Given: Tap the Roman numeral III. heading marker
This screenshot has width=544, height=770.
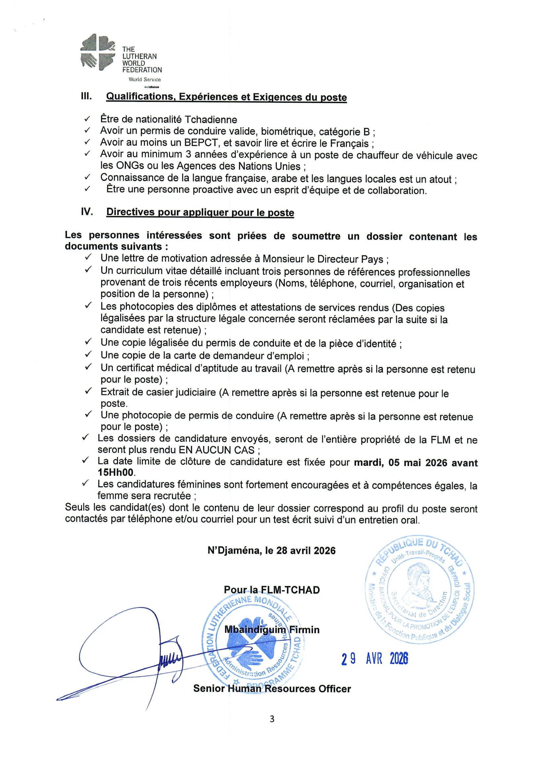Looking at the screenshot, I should coord(87,96).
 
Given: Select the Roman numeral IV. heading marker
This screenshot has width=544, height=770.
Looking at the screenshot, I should coord(87,212).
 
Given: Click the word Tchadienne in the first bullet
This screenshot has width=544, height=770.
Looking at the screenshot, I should coord(211,119).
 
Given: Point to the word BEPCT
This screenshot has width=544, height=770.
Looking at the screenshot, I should coord(202,143).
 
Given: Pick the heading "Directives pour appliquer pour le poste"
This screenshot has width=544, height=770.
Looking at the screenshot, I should coord(200,212).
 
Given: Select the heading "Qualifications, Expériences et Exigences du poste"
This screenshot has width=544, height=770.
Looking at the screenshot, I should coord(227,97).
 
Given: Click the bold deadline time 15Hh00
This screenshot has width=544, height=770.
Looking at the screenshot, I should coord(116,473).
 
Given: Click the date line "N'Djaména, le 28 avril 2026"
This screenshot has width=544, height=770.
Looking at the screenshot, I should coord(271,551).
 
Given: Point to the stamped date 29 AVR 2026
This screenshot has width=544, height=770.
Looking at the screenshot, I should coord(375,659).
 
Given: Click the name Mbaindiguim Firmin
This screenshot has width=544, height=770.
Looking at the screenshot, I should coord(272,629).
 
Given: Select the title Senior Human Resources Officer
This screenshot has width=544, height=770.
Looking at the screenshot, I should coord(272,689).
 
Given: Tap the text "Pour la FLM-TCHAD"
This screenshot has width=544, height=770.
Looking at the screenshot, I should coord(272,590).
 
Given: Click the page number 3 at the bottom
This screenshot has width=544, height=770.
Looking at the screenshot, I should coord(272,719).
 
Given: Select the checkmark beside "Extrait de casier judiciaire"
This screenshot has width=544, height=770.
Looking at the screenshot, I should coord(88,391).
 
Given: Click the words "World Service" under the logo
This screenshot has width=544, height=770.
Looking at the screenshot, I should coord(145,79).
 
